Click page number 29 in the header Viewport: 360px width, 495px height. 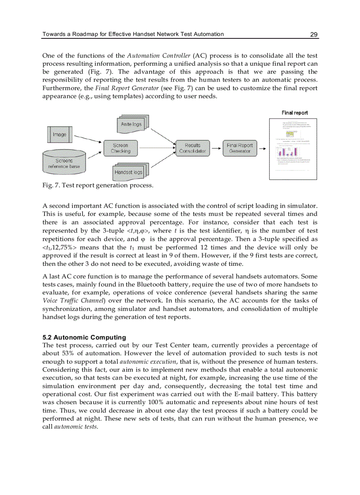(x=314, y=34)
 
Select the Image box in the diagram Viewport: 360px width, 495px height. (x=60, y=134)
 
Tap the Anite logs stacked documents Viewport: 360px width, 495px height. (x=132, y=124)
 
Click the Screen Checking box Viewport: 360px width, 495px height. (x=120, y=148)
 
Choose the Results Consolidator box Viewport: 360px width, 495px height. (x=192, y=148)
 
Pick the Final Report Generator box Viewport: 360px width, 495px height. (x=240, y=148)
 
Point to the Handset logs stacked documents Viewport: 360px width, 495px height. (x=128, y=172)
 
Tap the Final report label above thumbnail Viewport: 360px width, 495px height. (x=295, y=113)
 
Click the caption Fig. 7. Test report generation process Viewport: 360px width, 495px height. (x=97, y=186)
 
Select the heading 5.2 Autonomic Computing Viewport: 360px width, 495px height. (x=84, y=338)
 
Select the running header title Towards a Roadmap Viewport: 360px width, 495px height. (x=132, y=34)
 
